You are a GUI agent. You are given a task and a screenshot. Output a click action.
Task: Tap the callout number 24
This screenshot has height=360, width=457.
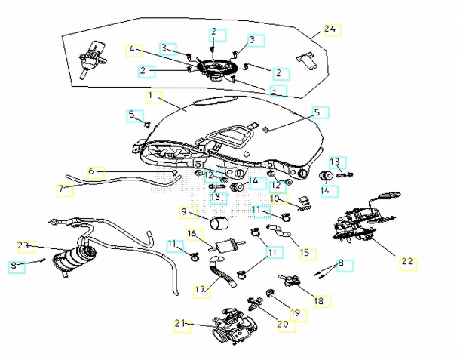pyautogui.click(x=330, y=29)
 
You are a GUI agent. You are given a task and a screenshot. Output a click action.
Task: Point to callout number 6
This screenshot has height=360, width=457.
pyautogui.click(x=92, y=172)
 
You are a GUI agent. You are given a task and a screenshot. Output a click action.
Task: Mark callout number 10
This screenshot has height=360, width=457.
pyautogui.click(x=276, y=198)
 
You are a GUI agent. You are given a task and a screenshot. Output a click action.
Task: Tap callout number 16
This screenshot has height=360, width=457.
pyautogui.click(x=192, y=234)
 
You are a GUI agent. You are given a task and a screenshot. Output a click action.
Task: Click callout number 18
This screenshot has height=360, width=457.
pyautogui.click(x=319, y=300)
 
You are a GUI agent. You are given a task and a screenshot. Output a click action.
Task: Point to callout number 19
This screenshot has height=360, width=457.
pyautogui.click(x=296, y=312)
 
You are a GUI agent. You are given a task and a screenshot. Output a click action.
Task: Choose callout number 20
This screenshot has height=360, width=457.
pyautogui.click(x=283, y=324)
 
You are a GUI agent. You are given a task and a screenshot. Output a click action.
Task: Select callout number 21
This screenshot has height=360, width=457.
pyautogui.click(x=180, y=324)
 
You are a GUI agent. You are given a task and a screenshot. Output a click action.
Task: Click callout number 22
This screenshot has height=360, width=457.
pyautogui.click(x=407, y=262)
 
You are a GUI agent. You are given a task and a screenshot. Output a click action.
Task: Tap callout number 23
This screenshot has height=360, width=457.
pyautogui.click(x=23, y=245)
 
